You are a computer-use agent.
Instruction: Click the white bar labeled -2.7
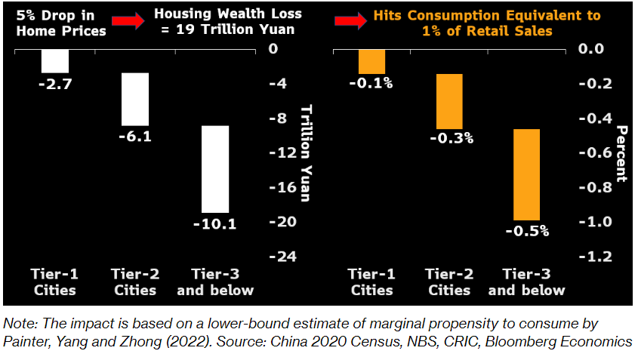pos(55,61)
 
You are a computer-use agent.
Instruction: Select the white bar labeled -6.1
pos(135,99)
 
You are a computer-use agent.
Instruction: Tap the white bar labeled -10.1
pos(215,169)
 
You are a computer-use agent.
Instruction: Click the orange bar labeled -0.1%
pos(371,61)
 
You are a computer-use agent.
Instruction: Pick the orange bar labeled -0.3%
pos(451,101)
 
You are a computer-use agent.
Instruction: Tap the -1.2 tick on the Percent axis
pos(592,257)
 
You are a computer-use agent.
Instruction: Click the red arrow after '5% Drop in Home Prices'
pos(131,22)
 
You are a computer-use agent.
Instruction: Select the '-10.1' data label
pos(214,223)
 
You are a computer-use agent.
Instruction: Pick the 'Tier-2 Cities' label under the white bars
pos(134,282)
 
